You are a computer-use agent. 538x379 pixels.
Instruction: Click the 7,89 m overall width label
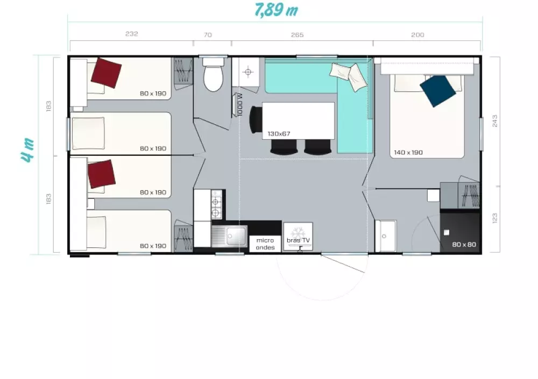click(276, 10)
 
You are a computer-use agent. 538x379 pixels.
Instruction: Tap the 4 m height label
click(27, 150)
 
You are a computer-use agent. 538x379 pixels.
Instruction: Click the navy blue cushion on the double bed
click(438, 91)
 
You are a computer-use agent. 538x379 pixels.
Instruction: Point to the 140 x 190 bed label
click(408, 152)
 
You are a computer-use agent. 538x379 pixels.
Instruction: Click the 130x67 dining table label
click(279, 134)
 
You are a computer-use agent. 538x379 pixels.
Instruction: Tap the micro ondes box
click(265, 244)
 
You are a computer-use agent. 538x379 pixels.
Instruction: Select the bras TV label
click(298, 240)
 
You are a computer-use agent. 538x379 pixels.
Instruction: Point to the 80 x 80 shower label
click(464, 245)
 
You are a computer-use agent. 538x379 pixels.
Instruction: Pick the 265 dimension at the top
click(297, 34)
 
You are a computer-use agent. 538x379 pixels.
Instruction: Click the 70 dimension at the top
click(208, 34)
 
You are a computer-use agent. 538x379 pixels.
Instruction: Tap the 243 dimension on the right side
click(495, 121)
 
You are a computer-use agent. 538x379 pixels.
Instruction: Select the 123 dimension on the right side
click(495, 218)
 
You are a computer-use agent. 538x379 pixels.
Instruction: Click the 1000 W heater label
click(239, 105)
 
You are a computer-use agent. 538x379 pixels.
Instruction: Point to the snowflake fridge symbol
click(298, 232)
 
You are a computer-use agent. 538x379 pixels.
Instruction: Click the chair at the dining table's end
click(256, 120)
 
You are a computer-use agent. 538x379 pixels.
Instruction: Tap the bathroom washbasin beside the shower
click(386, 236)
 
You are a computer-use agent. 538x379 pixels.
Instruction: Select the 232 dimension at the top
click(132, 34)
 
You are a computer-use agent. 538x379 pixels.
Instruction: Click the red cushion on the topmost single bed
click(106, 73)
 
